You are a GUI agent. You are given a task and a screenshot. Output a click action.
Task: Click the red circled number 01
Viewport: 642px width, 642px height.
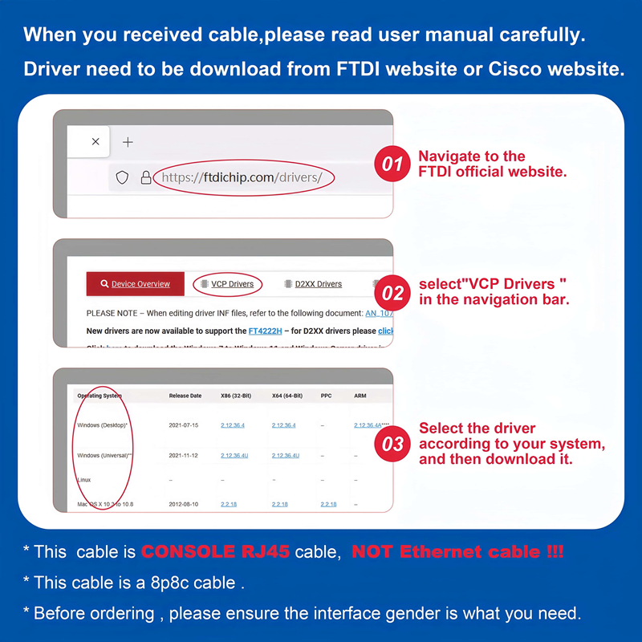tap(392, 165)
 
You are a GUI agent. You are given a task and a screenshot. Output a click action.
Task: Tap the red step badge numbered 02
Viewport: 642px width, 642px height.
tap(392, 292)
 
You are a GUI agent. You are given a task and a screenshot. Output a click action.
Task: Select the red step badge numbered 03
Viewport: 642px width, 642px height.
tap(392, 443)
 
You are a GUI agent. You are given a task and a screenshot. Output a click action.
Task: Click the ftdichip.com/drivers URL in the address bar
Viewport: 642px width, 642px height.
tap(242, 177)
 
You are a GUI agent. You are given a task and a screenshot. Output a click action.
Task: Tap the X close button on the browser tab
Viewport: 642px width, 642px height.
tap(95, 142)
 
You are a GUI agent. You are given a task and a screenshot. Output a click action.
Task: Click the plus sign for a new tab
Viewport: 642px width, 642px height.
tap(127, 142)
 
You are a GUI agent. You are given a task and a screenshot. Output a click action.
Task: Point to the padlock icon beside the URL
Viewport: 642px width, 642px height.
tap(145, 178)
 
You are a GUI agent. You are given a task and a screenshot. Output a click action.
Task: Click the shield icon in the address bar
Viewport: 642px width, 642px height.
tap(122, 178)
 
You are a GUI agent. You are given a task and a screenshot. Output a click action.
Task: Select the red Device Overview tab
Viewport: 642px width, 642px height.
tap(135, 284)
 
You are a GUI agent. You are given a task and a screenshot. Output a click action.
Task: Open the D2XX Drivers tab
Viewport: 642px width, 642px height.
tap(313, 284)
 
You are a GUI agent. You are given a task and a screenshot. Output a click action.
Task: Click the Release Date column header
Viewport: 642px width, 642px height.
tap(185, 396)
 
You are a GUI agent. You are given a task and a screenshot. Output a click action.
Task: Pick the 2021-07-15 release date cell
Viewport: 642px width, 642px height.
tap(184, 425)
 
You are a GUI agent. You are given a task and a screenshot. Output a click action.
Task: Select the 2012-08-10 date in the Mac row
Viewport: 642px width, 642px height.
tap(184, 504)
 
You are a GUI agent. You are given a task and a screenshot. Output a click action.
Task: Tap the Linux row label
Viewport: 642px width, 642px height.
tap(84, 480)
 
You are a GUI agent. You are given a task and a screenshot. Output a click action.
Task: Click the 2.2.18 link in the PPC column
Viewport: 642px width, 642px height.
tap(328, 504)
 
